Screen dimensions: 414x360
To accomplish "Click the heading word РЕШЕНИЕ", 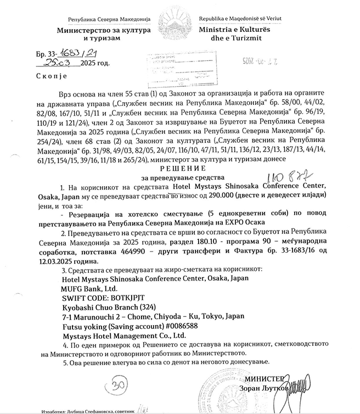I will [179, 168].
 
